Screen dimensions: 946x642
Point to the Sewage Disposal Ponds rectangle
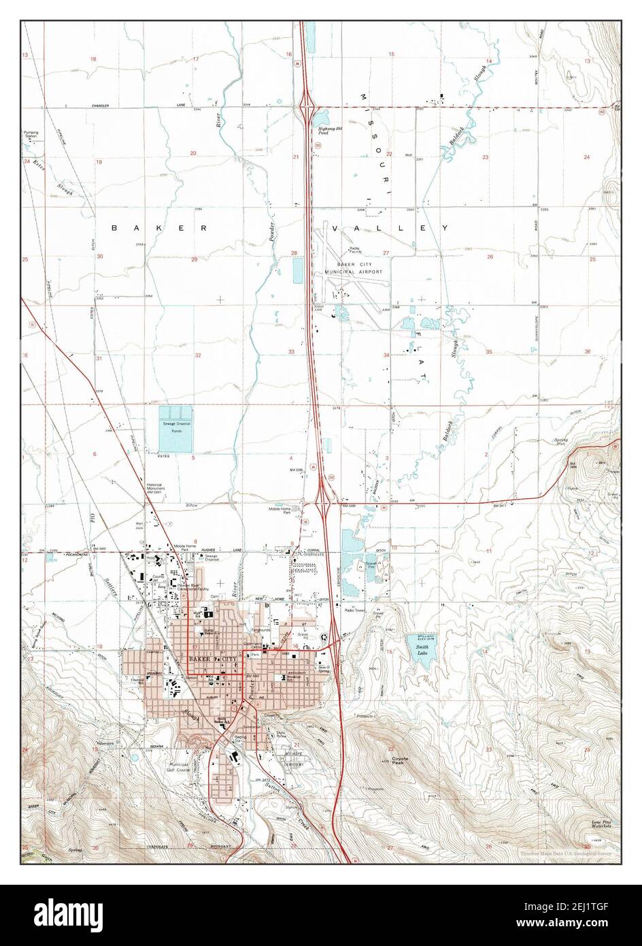coord(175,429)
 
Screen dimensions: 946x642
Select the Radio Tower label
coord(355,610)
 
